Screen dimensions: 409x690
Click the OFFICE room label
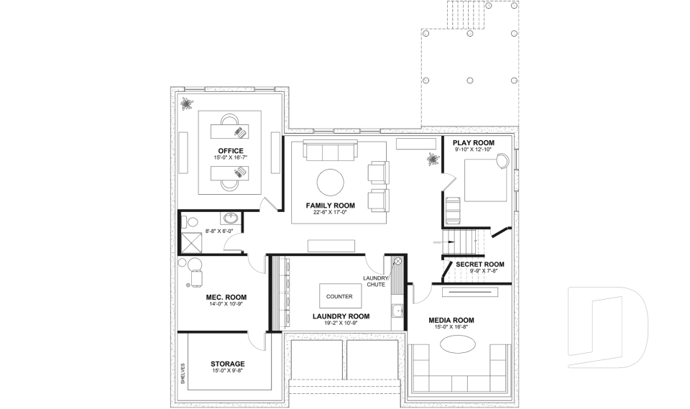pos(231,150)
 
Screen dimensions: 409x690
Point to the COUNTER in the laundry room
pos(339,296)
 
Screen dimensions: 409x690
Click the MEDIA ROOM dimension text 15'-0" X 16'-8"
pos(451,327)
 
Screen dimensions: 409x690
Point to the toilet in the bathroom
pos(185,221)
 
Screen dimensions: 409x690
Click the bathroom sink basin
pos(231,219)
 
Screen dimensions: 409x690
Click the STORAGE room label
pos(227,364)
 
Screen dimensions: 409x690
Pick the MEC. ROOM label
pos(226,297)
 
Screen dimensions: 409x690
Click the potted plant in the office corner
pos(188,104)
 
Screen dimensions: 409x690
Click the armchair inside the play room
pos(454,209)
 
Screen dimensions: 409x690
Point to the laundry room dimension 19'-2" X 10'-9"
pos(341,323)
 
